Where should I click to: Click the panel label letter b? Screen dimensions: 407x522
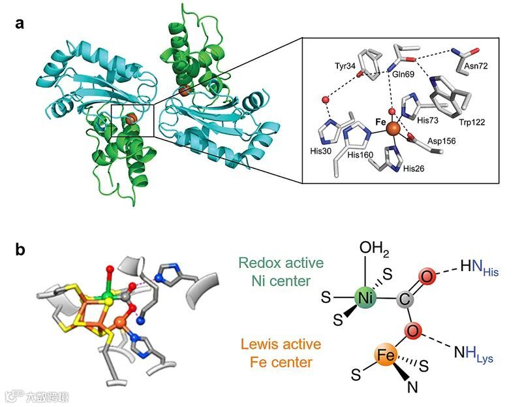pyautogui.click(x=22, y=249)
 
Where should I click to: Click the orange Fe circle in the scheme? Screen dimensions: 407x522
pyautogui.click(x=388, y=357)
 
